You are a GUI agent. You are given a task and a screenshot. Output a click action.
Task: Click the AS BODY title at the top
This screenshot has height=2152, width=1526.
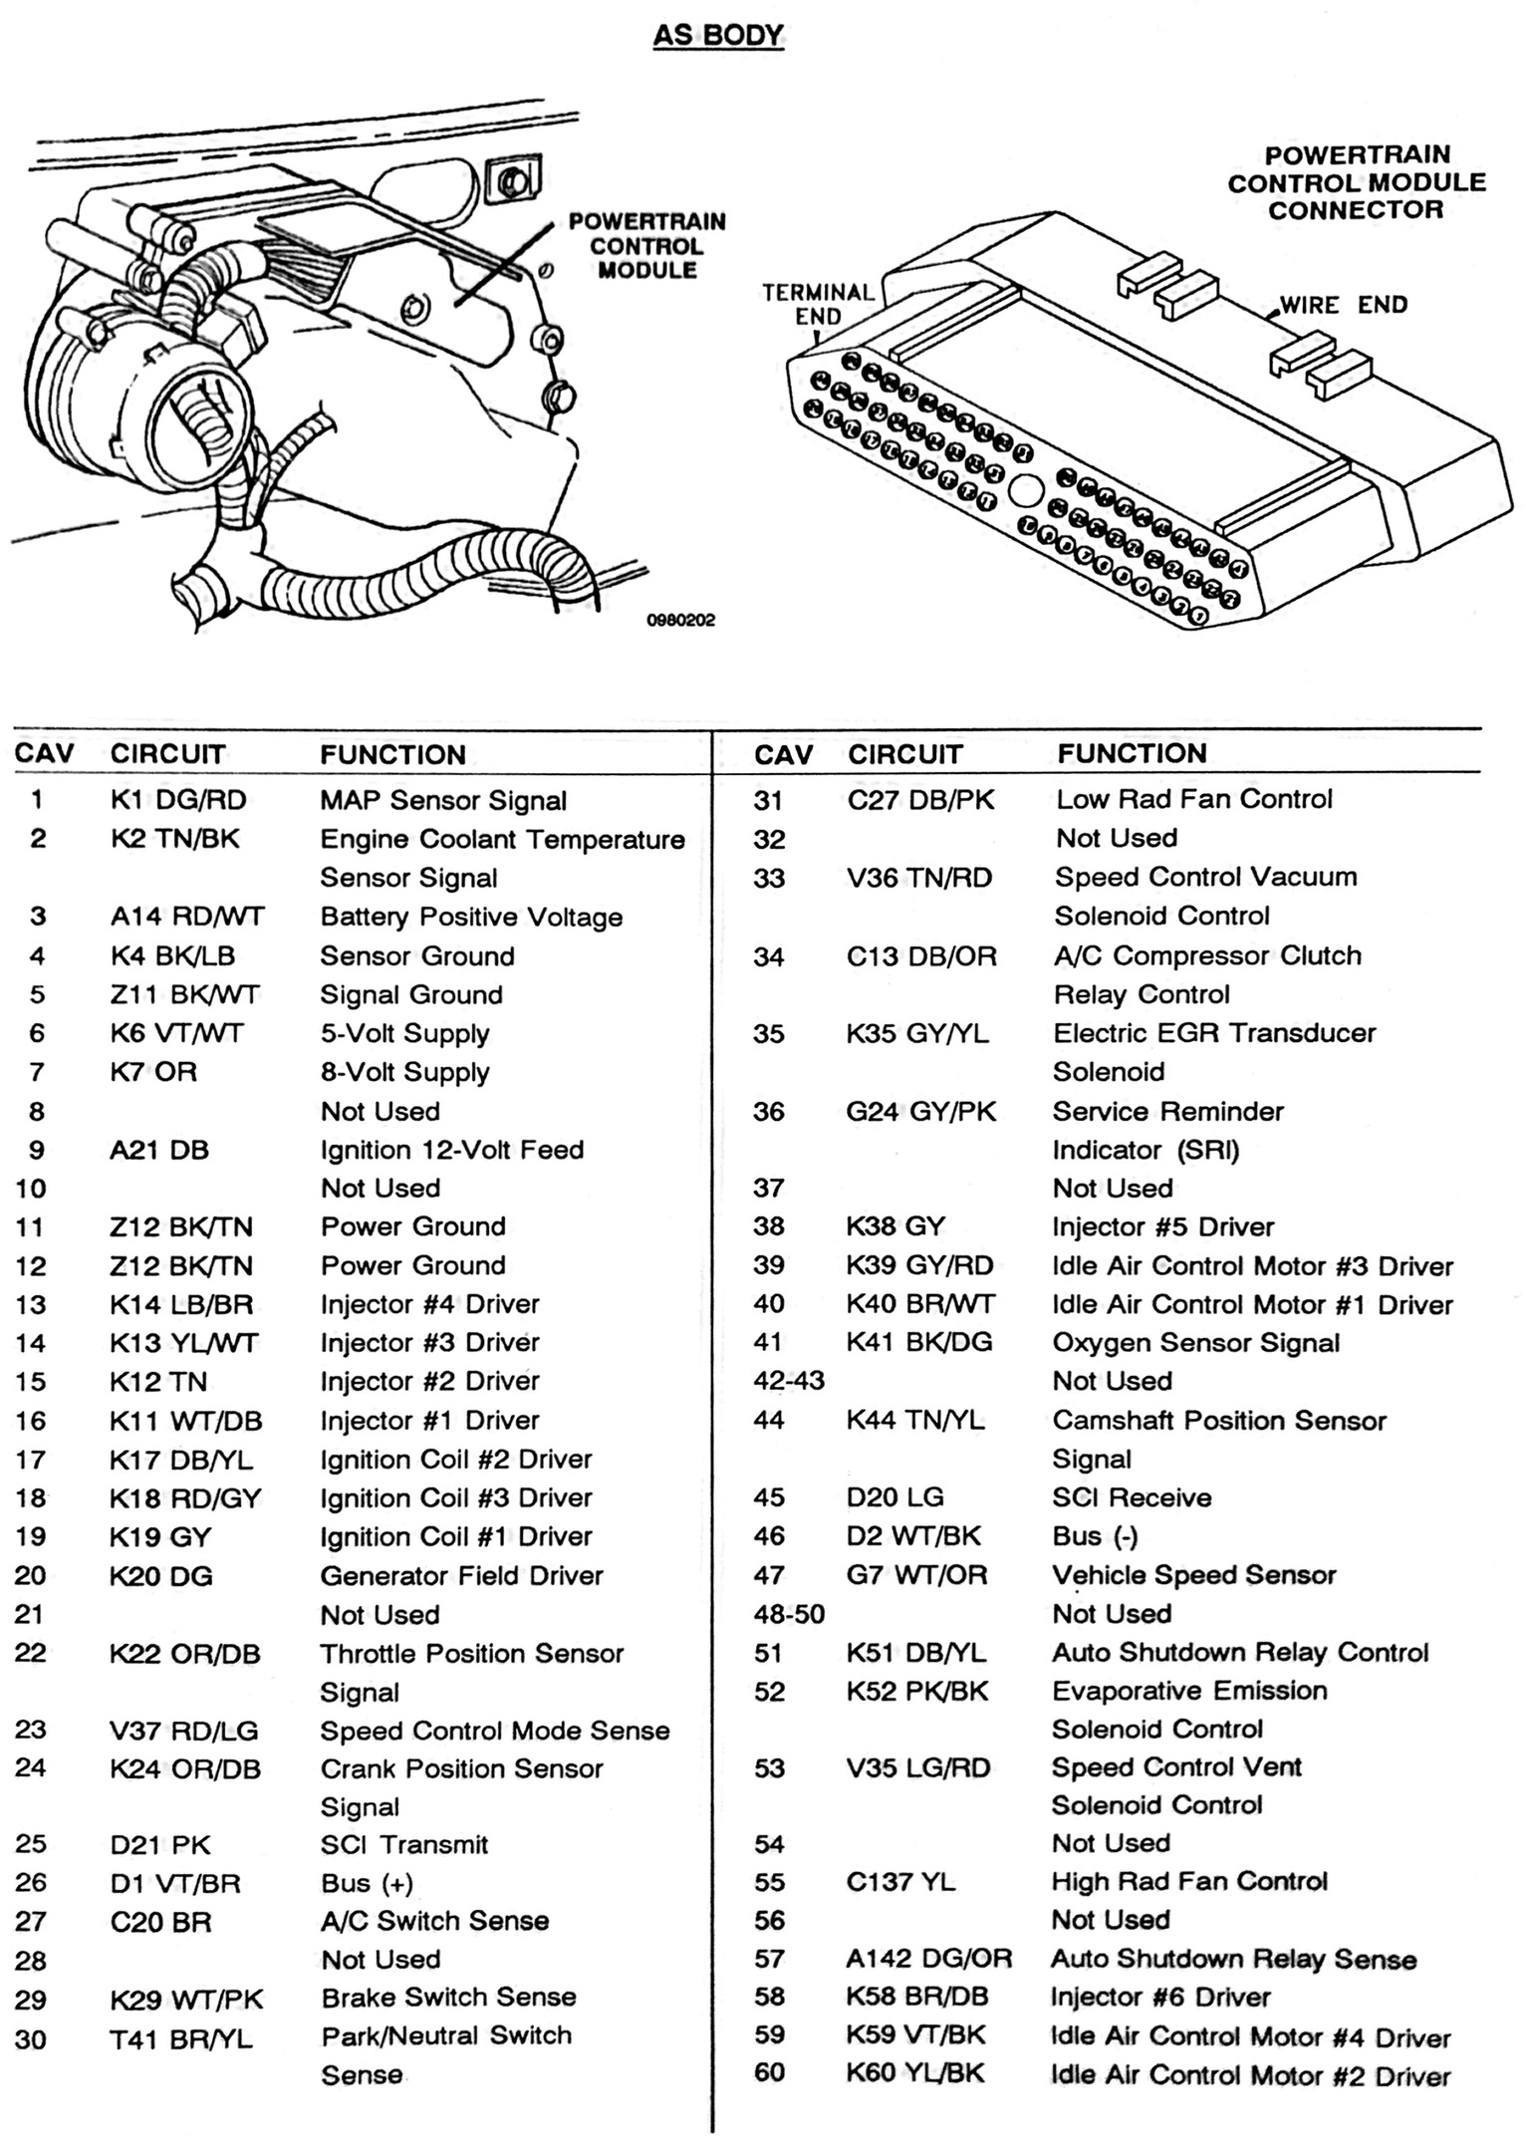pyautogui.click(x=718, y=36)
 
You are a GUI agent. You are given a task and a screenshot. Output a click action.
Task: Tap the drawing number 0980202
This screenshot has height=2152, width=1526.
pyautogui.click(x=681, y=620)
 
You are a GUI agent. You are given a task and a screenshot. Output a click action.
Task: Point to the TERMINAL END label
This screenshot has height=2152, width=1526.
pyautogui.click(x=818, y=304)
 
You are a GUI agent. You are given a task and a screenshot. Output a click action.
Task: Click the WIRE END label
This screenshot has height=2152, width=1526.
pyautogui.click(x=1344, y=305)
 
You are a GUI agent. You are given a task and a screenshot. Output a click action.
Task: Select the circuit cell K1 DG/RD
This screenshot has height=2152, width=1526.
pyautogui.click(x=177, y=800)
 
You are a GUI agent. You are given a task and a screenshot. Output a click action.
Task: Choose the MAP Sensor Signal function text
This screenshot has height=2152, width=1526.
pyautogui.click(x=442, y=800)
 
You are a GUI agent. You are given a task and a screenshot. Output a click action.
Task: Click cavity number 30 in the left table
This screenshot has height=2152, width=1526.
pyautogui.click(x=31, y=2039)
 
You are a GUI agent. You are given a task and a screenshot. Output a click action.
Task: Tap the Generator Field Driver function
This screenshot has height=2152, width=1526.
pyautogui.click(x=461, y=1575)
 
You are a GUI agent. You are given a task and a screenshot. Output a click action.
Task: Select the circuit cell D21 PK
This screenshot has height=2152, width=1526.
pyautogui.click(x=160, y=1844)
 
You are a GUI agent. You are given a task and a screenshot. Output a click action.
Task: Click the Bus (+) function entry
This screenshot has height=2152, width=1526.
pyautogui.click(x=367, y=1883)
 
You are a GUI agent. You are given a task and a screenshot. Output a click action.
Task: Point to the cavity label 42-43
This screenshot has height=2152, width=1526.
pyautogui.click(x=789, y=1382)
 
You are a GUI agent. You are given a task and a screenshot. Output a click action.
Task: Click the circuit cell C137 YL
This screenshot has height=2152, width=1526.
pyautogui.click(x=900, y=1882)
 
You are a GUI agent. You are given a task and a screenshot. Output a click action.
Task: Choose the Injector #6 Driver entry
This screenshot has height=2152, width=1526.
pyautogui.click(x=1160, y=1998)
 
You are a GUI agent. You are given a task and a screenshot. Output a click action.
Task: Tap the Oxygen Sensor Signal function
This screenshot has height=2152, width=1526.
pyautogui.click(x=1195, y=1343)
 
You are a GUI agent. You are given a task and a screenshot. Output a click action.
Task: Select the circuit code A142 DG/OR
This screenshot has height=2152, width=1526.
pyautogui.click(x=928, y=1959)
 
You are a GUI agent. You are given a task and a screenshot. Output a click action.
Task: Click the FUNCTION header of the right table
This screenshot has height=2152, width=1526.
pyautogui.click(x=1132, y=753)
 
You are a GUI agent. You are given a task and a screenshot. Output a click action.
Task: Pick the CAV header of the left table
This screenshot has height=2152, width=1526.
pyautogui.click(x=44, y=753)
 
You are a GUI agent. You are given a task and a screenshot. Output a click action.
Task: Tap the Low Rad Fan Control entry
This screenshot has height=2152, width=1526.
pyautogui.click(x=1193, y=799)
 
